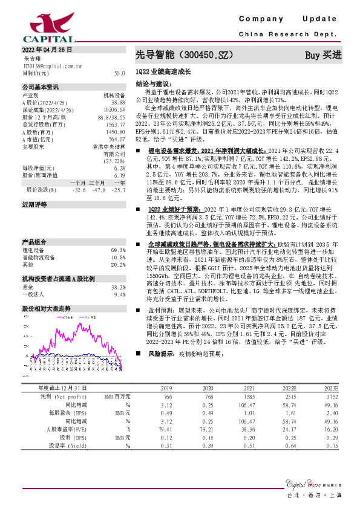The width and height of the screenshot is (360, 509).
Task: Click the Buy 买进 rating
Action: pos(323,56)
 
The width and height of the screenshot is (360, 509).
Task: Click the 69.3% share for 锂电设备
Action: pos(119,250)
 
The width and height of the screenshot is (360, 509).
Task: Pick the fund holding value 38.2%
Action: pos(119,288)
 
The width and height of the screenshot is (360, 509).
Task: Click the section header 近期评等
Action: pos(34,206)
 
